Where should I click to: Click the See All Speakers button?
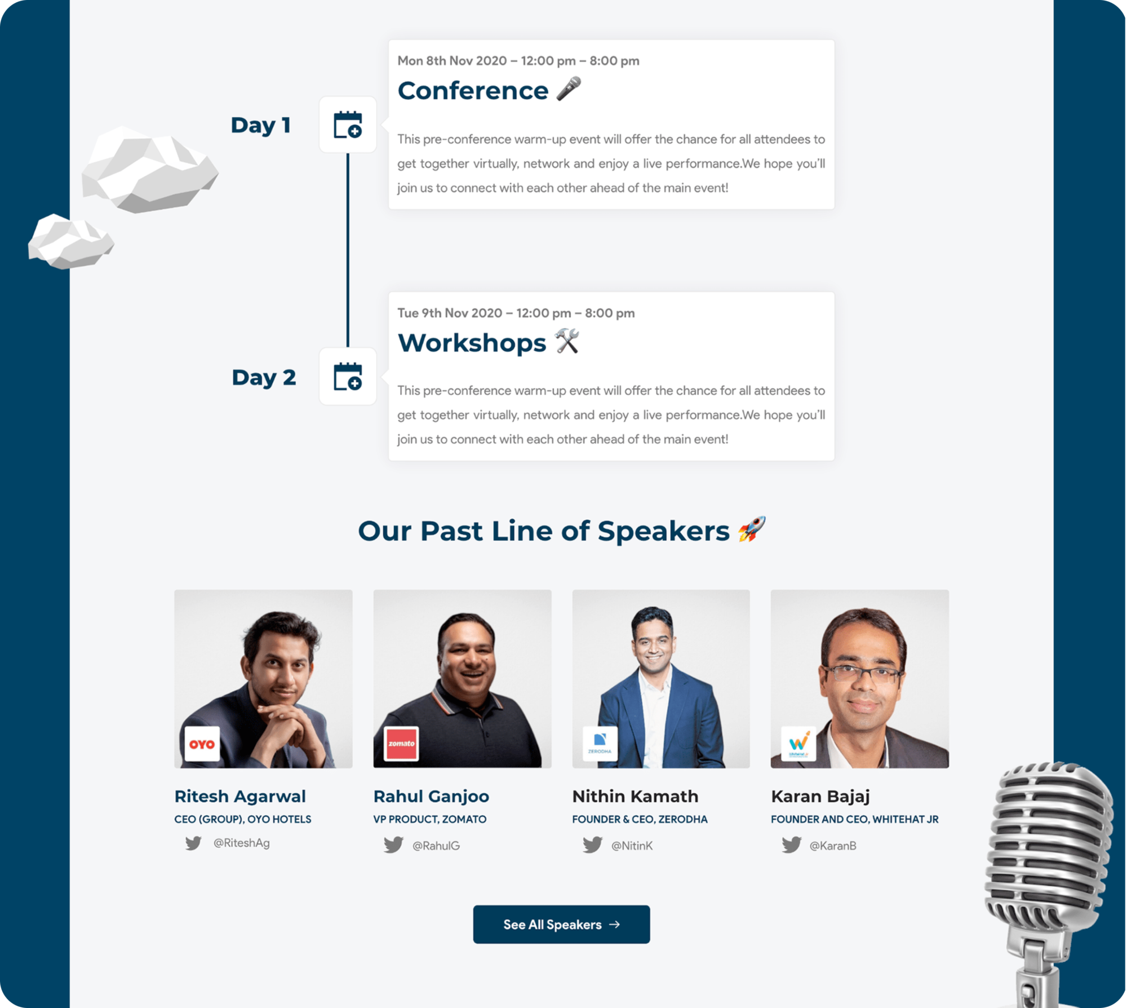point(561,924)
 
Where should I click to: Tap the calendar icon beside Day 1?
point(348,125)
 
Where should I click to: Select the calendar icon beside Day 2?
point(348,376)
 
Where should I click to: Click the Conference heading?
point(473,91)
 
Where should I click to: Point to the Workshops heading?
point(472,343)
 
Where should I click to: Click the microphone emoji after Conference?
point(569,89)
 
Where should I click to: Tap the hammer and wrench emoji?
point(567,341)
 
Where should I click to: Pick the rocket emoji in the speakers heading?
point(752,529)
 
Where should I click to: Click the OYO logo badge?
point(202,744)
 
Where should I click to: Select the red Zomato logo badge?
point(401,744)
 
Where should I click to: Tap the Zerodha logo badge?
point(600,744)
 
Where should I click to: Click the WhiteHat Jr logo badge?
point(798,744)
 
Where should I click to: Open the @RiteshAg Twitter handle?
point(241,843)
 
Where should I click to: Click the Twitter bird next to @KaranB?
point(791,845)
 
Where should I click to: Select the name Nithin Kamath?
point(635,796)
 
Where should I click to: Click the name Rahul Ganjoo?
point(431,797)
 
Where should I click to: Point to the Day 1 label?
point(261,125)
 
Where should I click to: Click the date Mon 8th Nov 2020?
point(452,61)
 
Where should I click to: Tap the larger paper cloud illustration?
point(149,170)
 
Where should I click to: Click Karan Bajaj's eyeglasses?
point(862,674)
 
